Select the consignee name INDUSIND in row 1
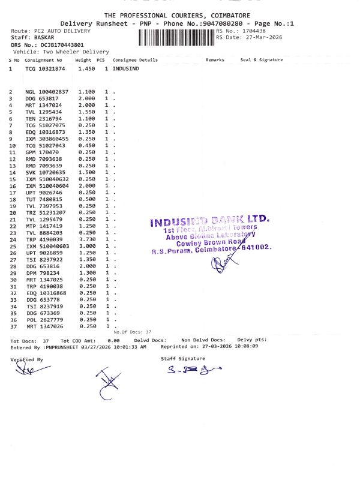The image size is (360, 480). pyautogui.click(x=126, y=69)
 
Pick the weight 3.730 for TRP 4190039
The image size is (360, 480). pyautogui.click(x=87, y=239)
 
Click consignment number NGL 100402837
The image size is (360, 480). pyautogui.click(x=47, y=91)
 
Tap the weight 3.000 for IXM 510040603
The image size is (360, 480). pyautogui.click(x=87, y=246)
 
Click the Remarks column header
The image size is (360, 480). pyautogui.click(x=215, y=60)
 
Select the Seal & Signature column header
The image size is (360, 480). pyautogui.click(x=262, y=60)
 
